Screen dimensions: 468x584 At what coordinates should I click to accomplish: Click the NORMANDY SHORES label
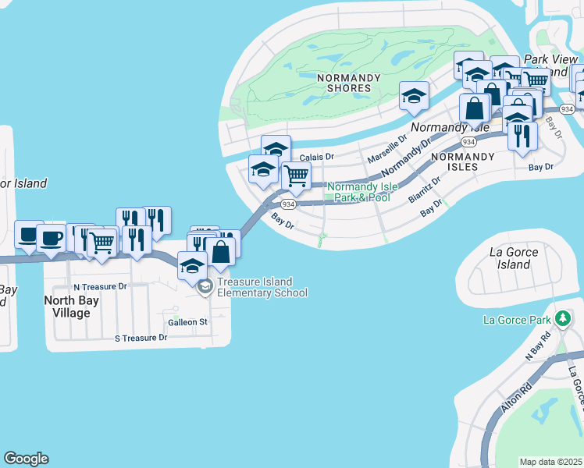349,83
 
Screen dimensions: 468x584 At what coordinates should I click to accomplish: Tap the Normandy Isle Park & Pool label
361,192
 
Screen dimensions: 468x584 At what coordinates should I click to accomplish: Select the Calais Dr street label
316,156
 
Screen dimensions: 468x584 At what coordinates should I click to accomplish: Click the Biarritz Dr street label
424,189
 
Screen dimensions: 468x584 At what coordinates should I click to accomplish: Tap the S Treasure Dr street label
141,338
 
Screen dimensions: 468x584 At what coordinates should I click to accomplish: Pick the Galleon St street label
187,321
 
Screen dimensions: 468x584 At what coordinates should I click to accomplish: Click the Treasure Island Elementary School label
262,287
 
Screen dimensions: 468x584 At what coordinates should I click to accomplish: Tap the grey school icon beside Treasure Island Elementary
205,287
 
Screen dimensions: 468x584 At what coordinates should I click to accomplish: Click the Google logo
26,459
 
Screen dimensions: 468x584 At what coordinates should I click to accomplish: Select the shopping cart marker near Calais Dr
295,175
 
